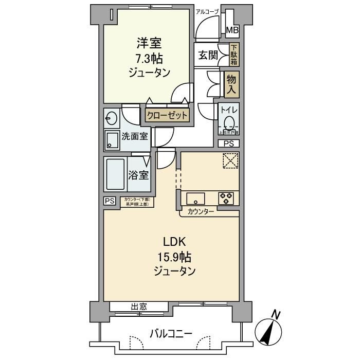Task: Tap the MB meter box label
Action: pyautogui.click(x=232, y=30)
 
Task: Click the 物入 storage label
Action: pyautogui.click(x=232, y=84)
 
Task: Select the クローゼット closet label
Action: pyautogui.click(x=167, y=115)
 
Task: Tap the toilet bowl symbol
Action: pyautogui.click(x=229, y=123)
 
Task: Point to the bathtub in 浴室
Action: pyautogui.click(x=115, y=175)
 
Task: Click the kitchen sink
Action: pyautogui.click(x=196, y=198)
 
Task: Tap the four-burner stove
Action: pyautogui.click(x=227, y=198)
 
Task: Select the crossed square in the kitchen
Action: pyautogui.click(x=230, y=161)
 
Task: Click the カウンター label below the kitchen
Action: pyautogui.click(x=201, y=212)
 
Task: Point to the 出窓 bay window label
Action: pyautogui.click(x=139, y=307)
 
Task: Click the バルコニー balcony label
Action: pyautogui.click(x=171, y=334)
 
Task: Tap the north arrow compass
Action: pyautogui.click(x=270, y=329)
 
